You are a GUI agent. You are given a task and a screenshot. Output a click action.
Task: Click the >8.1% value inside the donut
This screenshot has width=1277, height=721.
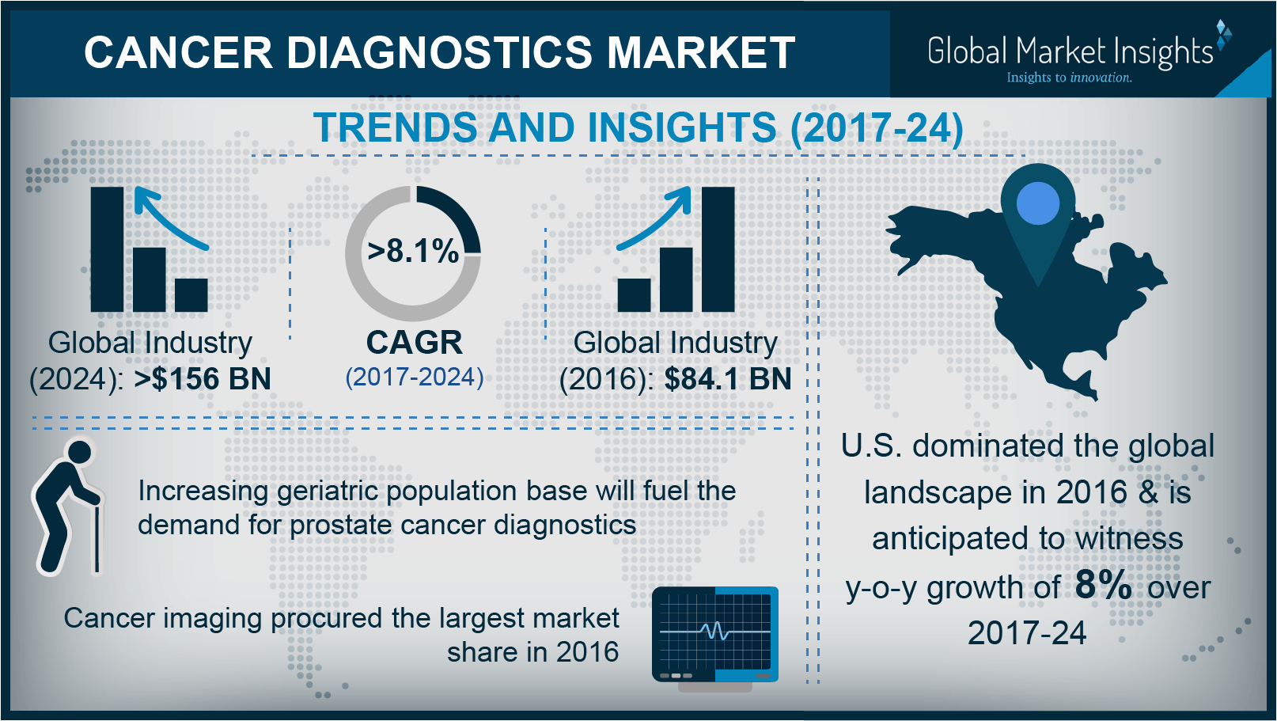pyautogui.click(x=413, y=252)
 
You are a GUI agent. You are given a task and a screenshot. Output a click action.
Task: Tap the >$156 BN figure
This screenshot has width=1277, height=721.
pyautogui.click(x=203, y=379)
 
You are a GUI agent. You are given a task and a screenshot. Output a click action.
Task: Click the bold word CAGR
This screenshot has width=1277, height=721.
pyautogui.click(x=414, y=343)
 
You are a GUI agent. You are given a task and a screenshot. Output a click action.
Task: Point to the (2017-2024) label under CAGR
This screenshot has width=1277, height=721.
pyautogui.click(x=414, y=378)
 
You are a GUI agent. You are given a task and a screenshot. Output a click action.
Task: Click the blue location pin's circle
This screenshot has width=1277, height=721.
pyautogui.click(x=1037, y=203)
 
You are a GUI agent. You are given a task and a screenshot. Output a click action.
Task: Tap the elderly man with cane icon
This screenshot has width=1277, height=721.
pyautogui.click(x=68, y=507)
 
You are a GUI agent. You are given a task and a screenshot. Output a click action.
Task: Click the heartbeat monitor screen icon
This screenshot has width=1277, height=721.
pyautogui.click(x=715, y=633)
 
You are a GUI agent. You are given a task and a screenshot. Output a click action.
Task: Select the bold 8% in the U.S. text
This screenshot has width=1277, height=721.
pyautogui.click(x=1103, y=585)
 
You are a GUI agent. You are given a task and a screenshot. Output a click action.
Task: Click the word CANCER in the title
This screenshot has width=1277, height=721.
pyautogui.click(x=178, y=53)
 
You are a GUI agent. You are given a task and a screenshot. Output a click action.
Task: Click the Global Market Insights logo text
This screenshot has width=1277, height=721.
pyautogui.click(x=1070, y=51)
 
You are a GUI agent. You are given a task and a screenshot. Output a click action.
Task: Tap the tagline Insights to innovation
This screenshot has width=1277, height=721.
pyautogui.click(x=1069, y=78)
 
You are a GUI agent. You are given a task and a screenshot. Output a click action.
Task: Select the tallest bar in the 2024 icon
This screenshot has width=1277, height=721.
pyautogui.click(x=107, y=249)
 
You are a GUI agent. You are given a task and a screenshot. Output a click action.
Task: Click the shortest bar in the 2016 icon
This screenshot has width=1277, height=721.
pyautogui.click(x=634, y=295)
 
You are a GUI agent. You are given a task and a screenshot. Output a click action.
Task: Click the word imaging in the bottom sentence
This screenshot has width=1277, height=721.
pyautogui.click(x=212, y=618)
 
